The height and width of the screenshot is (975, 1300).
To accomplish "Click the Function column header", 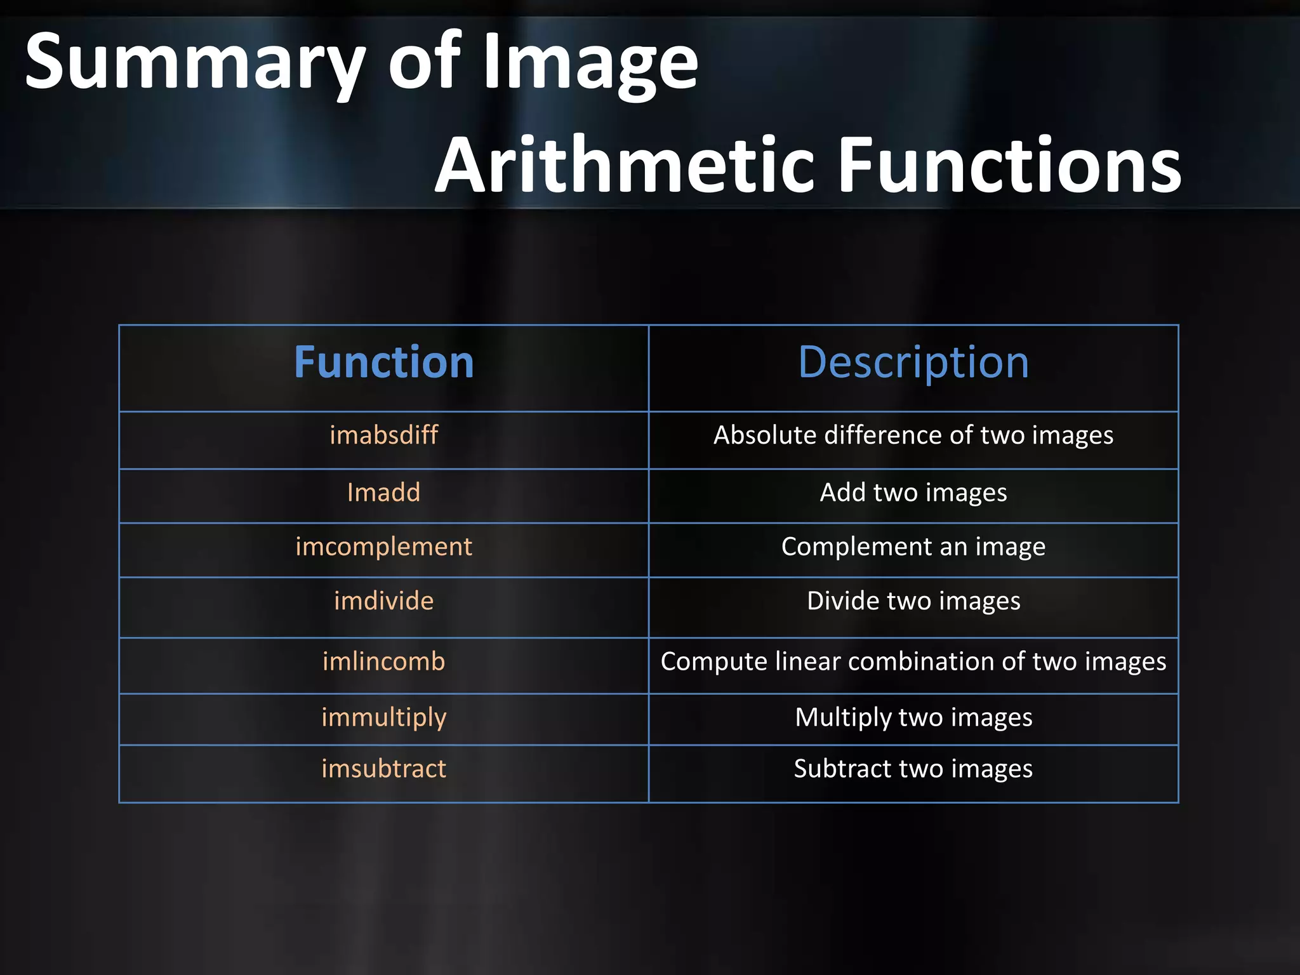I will tap(384, 362).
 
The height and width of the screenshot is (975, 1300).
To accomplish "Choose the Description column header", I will tap(913, 362).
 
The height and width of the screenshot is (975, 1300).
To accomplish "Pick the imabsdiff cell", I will tap(384, 435).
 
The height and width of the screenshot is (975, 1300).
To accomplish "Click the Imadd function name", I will tap(384, 493).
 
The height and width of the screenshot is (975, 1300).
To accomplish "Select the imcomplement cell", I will tap(384, 547).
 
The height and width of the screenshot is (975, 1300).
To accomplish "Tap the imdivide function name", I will tap(384, 600).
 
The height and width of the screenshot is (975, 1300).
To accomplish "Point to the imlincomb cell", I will tap(384, 661).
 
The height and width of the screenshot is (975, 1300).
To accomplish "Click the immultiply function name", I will tap(384, 717).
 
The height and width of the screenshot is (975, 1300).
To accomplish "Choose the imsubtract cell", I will tap(384, 769).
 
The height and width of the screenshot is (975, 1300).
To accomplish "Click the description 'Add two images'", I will tap(913, 493).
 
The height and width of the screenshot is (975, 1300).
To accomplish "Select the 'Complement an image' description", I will tap(913, 547).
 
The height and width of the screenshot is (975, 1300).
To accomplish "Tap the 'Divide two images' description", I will tap(913, 600).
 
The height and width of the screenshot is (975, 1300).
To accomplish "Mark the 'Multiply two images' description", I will tap(913, 717).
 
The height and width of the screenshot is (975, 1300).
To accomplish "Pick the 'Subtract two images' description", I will tap(913, 769).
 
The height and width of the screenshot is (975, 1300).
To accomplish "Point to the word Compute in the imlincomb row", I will tap(714, 661).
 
